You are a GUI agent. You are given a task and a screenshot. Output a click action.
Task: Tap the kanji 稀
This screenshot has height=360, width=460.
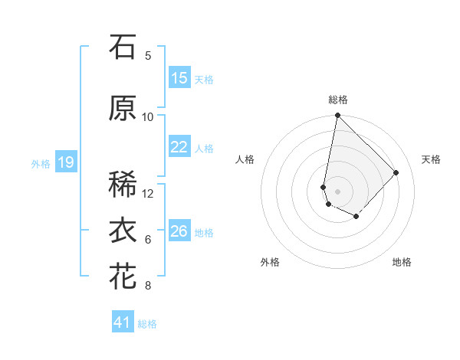pos(123,185)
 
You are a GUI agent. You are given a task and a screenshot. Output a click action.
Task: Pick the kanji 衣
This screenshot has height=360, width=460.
pos(123,231)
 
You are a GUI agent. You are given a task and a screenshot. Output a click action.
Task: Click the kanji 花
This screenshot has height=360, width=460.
pos(123,277)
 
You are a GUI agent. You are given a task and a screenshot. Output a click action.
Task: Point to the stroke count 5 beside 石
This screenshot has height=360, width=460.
pos(147,56)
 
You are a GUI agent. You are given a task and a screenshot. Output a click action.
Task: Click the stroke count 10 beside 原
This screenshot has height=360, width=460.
pos(148,117)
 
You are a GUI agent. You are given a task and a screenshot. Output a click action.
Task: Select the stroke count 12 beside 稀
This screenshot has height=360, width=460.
pos(148,194)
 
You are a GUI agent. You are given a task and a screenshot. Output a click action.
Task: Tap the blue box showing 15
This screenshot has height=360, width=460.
pos(179,78)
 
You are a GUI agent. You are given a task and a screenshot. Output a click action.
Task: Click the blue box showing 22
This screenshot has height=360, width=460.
pos(179,148)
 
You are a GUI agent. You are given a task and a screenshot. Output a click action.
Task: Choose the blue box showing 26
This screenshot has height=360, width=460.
pos(179,232)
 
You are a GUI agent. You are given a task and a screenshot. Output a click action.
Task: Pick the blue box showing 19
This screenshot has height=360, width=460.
pos(66,162)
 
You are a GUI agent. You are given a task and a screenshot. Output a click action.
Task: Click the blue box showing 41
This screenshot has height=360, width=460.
pos(123,322)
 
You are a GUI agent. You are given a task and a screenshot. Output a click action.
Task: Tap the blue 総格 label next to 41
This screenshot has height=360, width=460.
pos(147,324)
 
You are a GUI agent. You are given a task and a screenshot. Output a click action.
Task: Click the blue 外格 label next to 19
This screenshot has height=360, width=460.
pos(41,163)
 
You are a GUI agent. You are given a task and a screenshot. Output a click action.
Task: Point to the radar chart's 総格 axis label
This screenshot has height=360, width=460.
pos(338,100)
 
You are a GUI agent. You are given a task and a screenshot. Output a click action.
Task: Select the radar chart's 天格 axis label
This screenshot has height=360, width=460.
pos(431,159)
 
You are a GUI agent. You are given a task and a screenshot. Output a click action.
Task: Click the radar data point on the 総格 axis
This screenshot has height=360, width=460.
pos(337,116)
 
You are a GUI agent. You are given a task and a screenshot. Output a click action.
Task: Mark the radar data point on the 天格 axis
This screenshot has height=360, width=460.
pos(396,172)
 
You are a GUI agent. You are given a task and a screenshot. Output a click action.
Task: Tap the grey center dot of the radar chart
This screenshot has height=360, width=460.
pos(337,191)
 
